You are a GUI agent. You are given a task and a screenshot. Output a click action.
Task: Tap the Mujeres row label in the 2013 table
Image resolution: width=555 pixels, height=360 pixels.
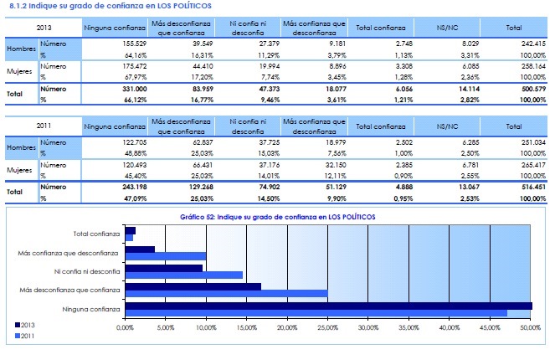(22, 69)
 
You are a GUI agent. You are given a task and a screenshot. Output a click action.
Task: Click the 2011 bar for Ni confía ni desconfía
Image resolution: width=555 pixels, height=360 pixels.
(183, 275)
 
